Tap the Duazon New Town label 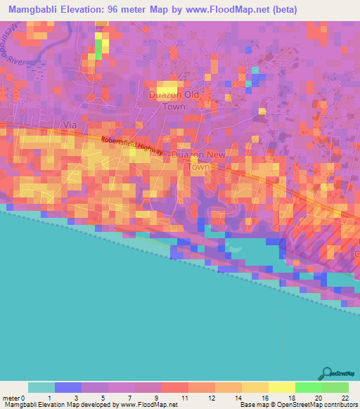(x=199, y=159)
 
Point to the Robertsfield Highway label (x=132, y=145)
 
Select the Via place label (x=70, y=124)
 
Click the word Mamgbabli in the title (x=32, y=10)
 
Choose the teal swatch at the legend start (x=41, y=387)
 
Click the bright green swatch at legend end (x=335, y=387)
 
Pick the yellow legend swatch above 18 (x=281, y=387)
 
